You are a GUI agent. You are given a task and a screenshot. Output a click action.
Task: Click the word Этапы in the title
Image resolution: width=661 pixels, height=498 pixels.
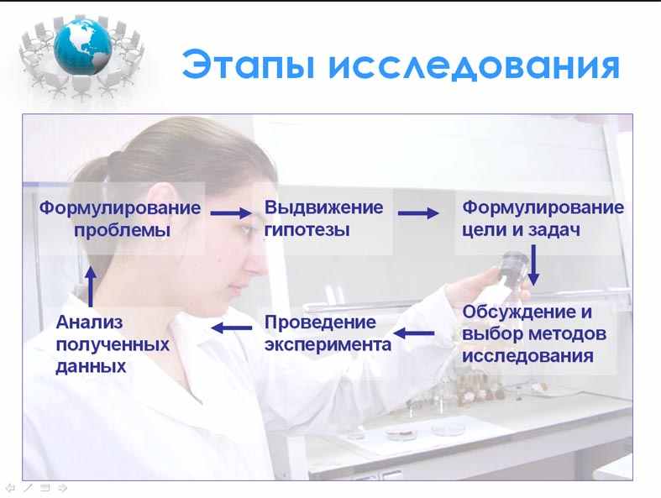point(249,65)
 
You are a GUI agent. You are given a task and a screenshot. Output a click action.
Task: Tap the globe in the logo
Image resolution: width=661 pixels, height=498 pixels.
point(82,46)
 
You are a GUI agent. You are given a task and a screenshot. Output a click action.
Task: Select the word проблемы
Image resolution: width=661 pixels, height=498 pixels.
point(123,231)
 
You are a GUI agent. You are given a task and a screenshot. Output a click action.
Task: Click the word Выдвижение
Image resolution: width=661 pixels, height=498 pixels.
point(323,208)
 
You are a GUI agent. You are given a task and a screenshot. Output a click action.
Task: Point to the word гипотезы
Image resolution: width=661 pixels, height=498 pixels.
point(307,230)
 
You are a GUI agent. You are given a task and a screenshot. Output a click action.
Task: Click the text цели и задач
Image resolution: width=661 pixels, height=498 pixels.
point(521,230)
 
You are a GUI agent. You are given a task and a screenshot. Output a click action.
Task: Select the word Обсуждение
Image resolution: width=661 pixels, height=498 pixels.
point(521,312)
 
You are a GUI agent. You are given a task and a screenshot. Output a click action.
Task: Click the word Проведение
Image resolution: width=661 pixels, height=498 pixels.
point(320,322)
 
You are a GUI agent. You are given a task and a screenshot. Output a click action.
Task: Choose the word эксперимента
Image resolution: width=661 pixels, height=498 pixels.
point(328,345)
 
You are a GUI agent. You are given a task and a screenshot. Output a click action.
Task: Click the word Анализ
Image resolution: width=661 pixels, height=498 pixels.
point(89,322)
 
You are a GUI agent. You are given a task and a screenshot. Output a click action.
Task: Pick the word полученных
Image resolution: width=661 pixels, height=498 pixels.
point(113,345)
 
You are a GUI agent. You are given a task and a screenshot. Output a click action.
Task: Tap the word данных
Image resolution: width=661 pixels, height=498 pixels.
point(91,366)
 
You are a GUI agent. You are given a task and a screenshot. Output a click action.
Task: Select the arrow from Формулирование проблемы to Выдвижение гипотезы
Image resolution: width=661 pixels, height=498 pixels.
point(231,213)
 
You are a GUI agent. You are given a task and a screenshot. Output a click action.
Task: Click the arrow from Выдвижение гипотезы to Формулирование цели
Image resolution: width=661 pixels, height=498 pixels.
point(418,213)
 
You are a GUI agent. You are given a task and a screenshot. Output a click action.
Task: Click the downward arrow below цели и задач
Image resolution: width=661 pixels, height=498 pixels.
point(533,265)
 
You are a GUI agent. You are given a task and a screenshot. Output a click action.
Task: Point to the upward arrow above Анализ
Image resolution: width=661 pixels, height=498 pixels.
point(91,286)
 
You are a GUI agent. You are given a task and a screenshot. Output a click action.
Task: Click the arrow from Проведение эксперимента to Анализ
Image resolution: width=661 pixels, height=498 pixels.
point(232,328)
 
